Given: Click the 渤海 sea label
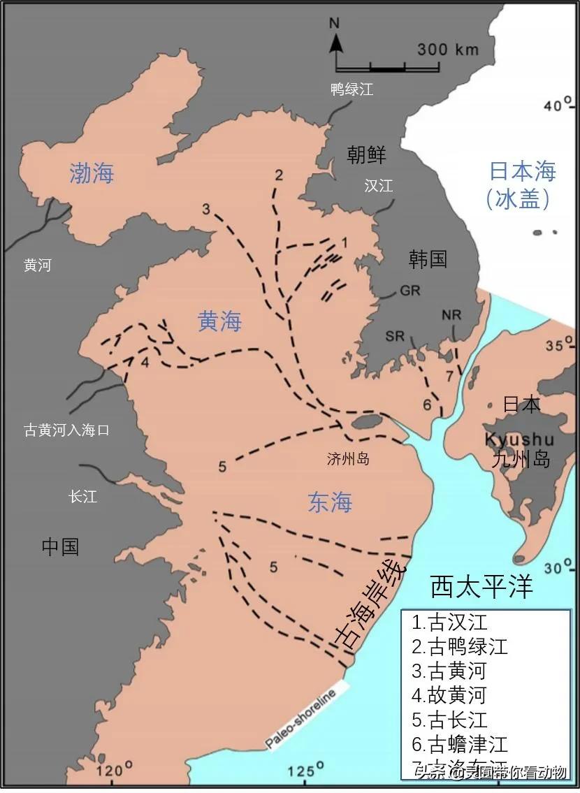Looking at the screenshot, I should click(92, 173).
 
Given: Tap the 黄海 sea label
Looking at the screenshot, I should click(219, 321).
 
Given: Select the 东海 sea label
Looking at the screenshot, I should click(330, 502).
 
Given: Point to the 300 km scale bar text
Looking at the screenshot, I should click(448, 50).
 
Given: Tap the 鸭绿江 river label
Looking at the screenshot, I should click(352, 89).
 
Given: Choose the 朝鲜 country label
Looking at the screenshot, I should click(366, 155).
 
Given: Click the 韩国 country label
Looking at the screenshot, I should click(428, 259).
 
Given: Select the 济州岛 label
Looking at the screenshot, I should click(348, 459).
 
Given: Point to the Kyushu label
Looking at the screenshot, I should click(519, 440).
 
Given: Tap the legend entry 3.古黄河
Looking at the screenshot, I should click(449, 671).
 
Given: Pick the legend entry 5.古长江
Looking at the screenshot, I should click(449, 720).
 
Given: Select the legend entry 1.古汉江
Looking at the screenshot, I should click(449, 622).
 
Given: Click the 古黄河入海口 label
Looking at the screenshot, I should click(67, 430).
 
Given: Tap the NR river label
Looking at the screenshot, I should click(451, 315).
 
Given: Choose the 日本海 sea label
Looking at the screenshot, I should click(521, 172).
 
